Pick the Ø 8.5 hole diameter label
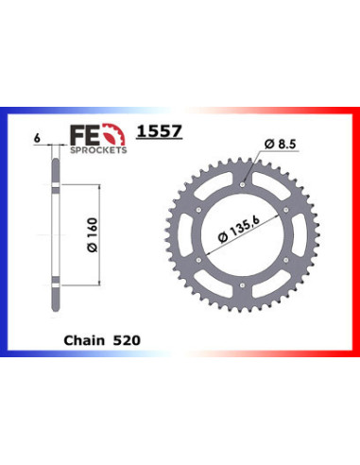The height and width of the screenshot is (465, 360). [279, 145]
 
